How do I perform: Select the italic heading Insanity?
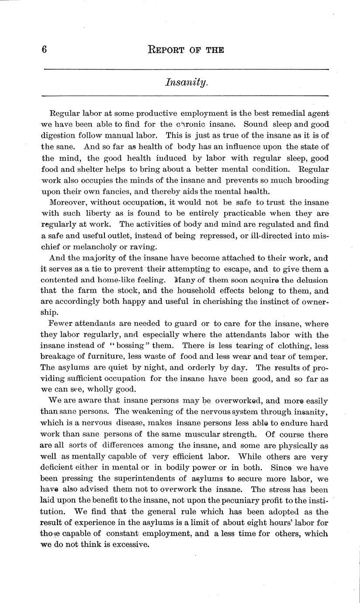pos(186,82)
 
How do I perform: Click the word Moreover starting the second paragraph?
pos(68,202)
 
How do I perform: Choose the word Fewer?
pos(59,324)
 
